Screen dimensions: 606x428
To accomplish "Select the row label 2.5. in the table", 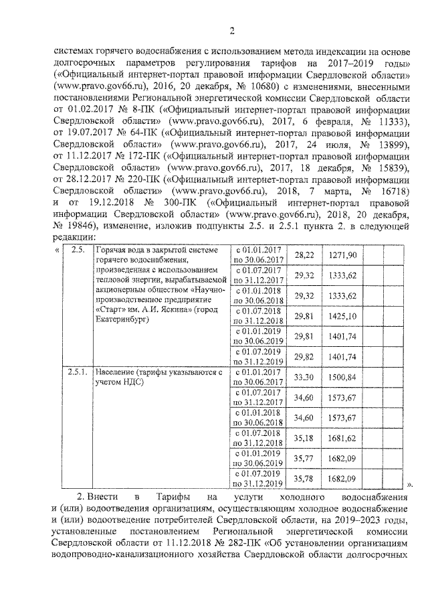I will point(78,250).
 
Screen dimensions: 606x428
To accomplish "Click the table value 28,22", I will point(304,255).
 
